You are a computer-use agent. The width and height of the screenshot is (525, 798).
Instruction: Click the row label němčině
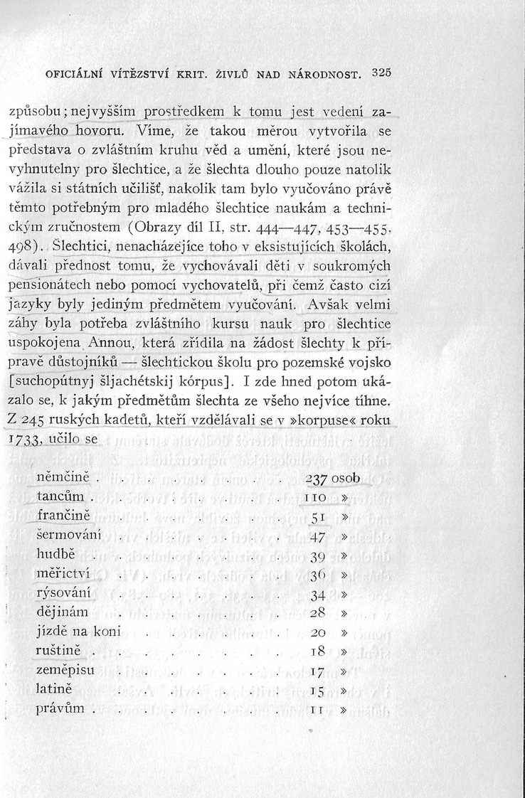pos(62,476)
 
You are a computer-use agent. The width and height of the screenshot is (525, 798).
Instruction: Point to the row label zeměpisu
pos(65,669)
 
